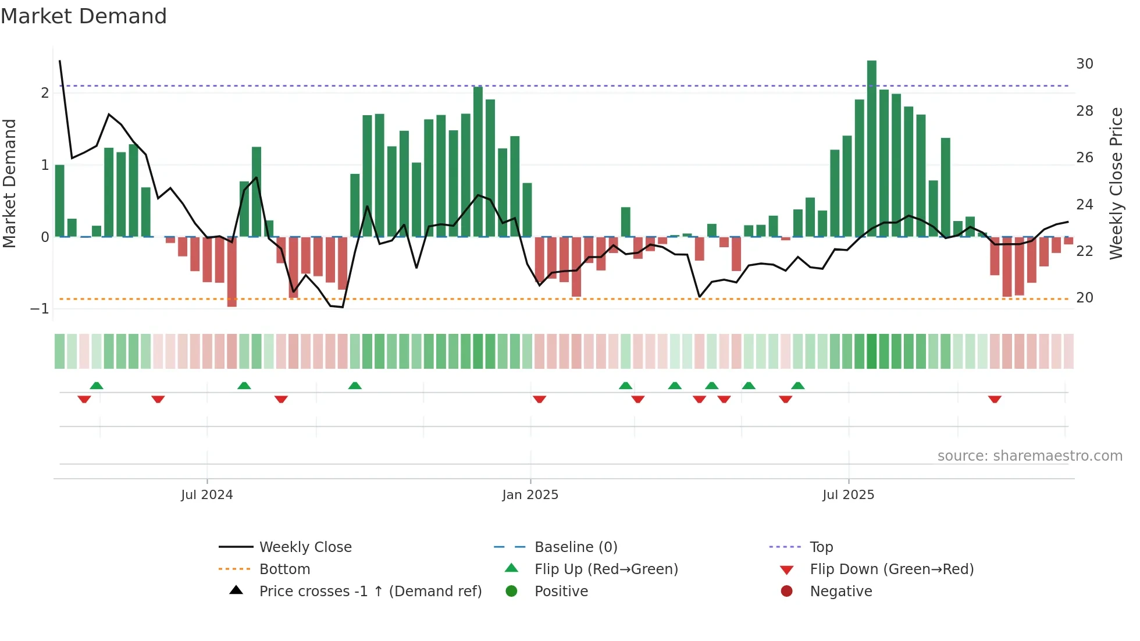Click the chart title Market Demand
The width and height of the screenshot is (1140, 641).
click(84, 16)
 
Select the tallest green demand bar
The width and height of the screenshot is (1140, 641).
click(871, 148)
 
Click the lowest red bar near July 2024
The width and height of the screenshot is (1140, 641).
click(231, 272)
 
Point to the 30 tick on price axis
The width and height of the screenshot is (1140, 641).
click(1084, 64)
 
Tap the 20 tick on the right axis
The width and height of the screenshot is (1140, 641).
click(1084, 298)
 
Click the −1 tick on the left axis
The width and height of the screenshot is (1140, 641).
click(40, 309)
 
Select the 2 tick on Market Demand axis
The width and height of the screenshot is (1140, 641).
click(45, 93)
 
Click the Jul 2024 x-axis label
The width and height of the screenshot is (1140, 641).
click(206, 495)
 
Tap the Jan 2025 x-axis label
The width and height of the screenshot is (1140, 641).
click(530, 495)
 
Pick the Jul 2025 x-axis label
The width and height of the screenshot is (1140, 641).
click(848, 495)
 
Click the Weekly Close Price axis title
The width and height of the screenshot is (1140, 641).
click(1116, 183)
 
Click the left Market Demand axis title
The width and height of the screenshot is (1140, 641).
click(10, 183)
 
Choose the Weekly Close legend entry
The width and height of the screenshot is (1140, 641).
click(305, 547)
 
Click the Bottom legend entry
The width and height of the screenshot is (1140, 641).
click(284, 569)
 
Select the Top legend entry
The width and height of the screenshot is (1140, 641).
click(821, 547)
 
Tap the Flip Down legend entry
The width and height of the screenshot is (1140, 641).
click(891, 569)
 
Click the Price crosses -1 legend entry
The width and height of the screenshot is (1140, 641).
click(370, 592)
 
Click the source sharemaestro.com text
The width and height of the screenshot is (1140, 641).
click(1029, 456)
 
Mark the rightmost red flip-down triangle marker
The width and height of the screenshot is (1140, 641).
click(994, 399)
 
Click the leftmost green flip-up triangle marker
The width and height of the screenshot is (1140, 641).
click(97, 386)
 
